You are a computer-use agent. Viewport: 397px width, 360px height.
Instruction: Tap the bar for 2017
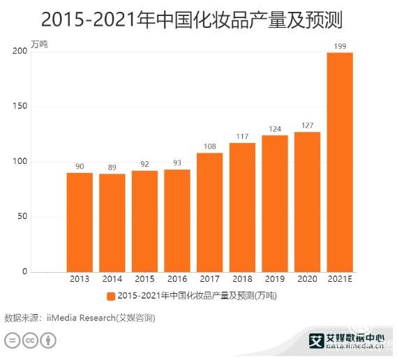[x=209, y=212]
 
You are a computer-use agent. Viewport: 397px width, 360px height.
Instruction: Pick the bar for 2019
[x=275, y=203]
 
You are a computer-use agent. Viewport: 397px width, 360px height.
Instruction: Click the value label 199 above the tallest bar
[x=340, y=47]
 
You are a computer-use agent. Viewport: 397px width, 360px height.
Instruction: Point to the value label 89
[x=112, y=167]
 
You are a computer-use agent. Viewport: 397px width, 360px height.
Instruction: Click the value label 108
[x=209, y=147]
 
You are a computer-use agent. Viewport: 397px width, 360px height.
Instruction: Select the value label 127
[x=307, y=126]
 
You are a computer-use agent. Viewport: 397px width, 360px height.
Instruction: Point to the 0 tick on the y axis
[x=24, y=271]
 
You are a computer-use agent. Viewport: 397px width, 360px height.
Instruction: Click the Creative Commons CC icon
[x=30, y=340]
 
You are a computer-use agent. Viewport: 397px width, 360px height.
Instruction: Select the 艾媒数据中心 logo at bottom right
[x=346, y=340]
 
